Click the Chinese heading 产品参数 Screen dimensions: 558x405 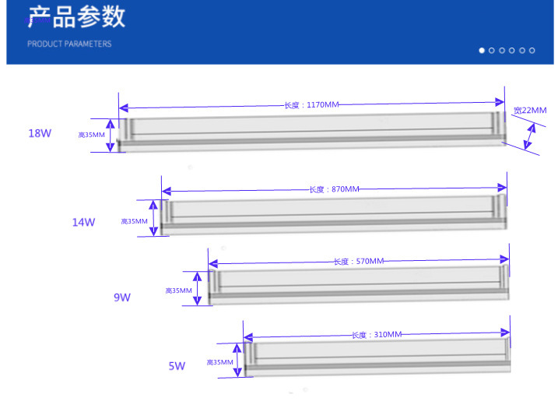point(76,16)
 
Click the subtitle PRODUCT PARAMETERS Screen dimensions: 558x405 point(69,44)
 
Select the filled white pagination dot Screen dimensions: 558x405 point(482,50)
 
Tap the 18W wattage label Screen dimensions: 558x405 point(40,133)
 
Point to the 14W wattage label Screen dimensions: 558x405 point(83,222)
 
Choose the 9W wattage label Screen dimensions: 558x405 point(122,297)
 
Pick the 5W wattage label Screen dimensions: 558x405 point(177,366)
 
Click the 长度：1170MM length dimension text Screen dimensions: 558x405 point(311,104)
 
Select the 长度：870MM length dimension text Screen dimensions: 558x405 point(334,189)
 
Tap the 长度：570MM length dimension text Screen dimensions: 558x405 point(359,261)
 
